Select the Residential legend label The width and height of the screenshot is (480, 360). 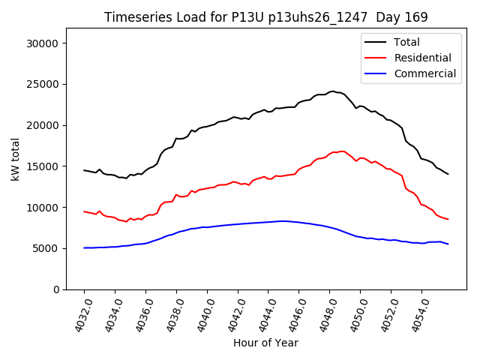[x=423, y=58]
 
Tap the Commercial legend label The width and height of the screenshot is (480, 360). [x=425, y=73]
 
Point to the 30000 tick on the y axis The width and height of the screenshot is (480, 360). [x=44, y=43]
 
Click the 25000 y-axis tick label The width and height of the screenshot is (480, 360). [x=44, y=85]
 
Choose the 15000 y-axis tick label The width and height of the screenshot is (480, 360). [x=44, y=166]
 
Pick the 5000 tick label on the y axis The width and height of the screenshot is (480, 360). [x=47, y=248]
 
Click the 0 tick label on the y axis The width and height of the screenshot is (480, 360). [x=56, y=289]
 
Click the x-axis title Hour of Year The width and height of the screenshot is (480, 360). [x=265, y=343]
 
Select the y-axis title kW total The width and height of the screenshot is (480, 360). [x=15, y=159]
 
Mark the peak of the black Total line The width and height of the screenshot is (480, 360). [x=332, y=91]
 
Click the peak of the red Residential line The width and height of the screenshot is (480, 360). [x=341, y=151]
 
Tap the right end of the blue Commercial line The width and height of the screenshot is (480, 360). [x=448, y=244]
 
